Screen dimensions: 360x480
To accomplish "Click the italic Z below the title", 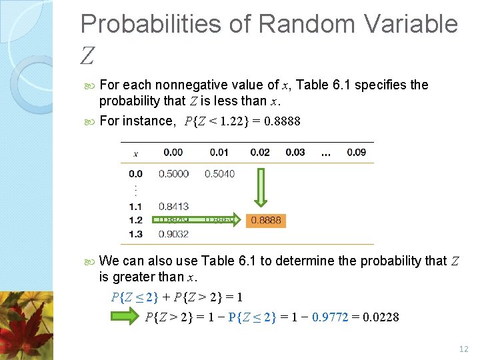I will [87, 56].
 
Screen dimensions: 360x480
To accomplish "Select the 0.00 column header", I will [173, 153].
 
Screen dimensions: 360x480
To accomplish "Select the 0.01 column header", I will [219, 153].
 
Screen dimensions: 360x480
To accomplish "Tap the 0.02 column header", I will [260, 153].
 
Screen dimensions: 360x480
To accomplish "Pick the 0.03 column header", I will [295, 153].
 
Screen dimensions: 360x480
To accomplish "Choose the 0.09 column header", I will [356, 153].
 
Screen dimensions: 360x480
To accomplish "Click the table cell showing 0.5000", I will [173, 174].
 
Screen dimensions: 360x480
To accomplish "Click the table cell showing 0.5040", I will [219, 174].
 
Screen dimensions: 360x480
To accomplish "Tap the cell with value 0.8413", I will [173, 207].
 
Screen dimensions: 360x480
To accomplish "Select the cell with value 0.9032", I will [173, 234].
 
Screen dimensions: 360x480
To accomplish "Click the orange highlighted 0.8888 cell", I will [266, 220].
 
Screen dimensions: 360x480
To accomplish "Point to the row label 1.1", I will [135, 207].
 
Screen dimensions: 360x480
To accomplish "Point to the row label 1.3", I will [135, 234].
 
